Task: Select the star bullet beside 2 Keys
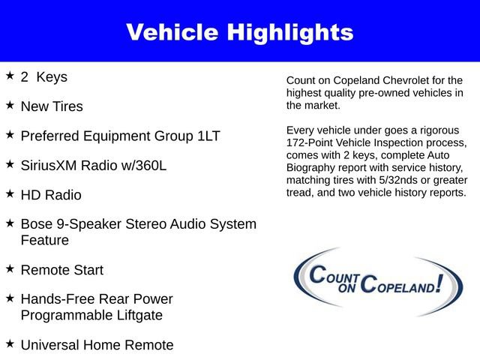point(10,76)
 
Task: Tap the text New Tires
point(52,106)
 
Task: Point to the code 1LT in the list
point(207,136)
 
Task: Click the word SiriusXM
point(52,165)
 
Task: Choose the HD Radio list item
point(51,195)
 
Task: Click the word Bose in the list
point(37,224)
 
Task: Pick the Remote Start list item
point(62,270)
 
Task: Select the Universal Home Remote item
point(97,345)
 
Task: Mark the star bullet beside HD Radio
point(10,193)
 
